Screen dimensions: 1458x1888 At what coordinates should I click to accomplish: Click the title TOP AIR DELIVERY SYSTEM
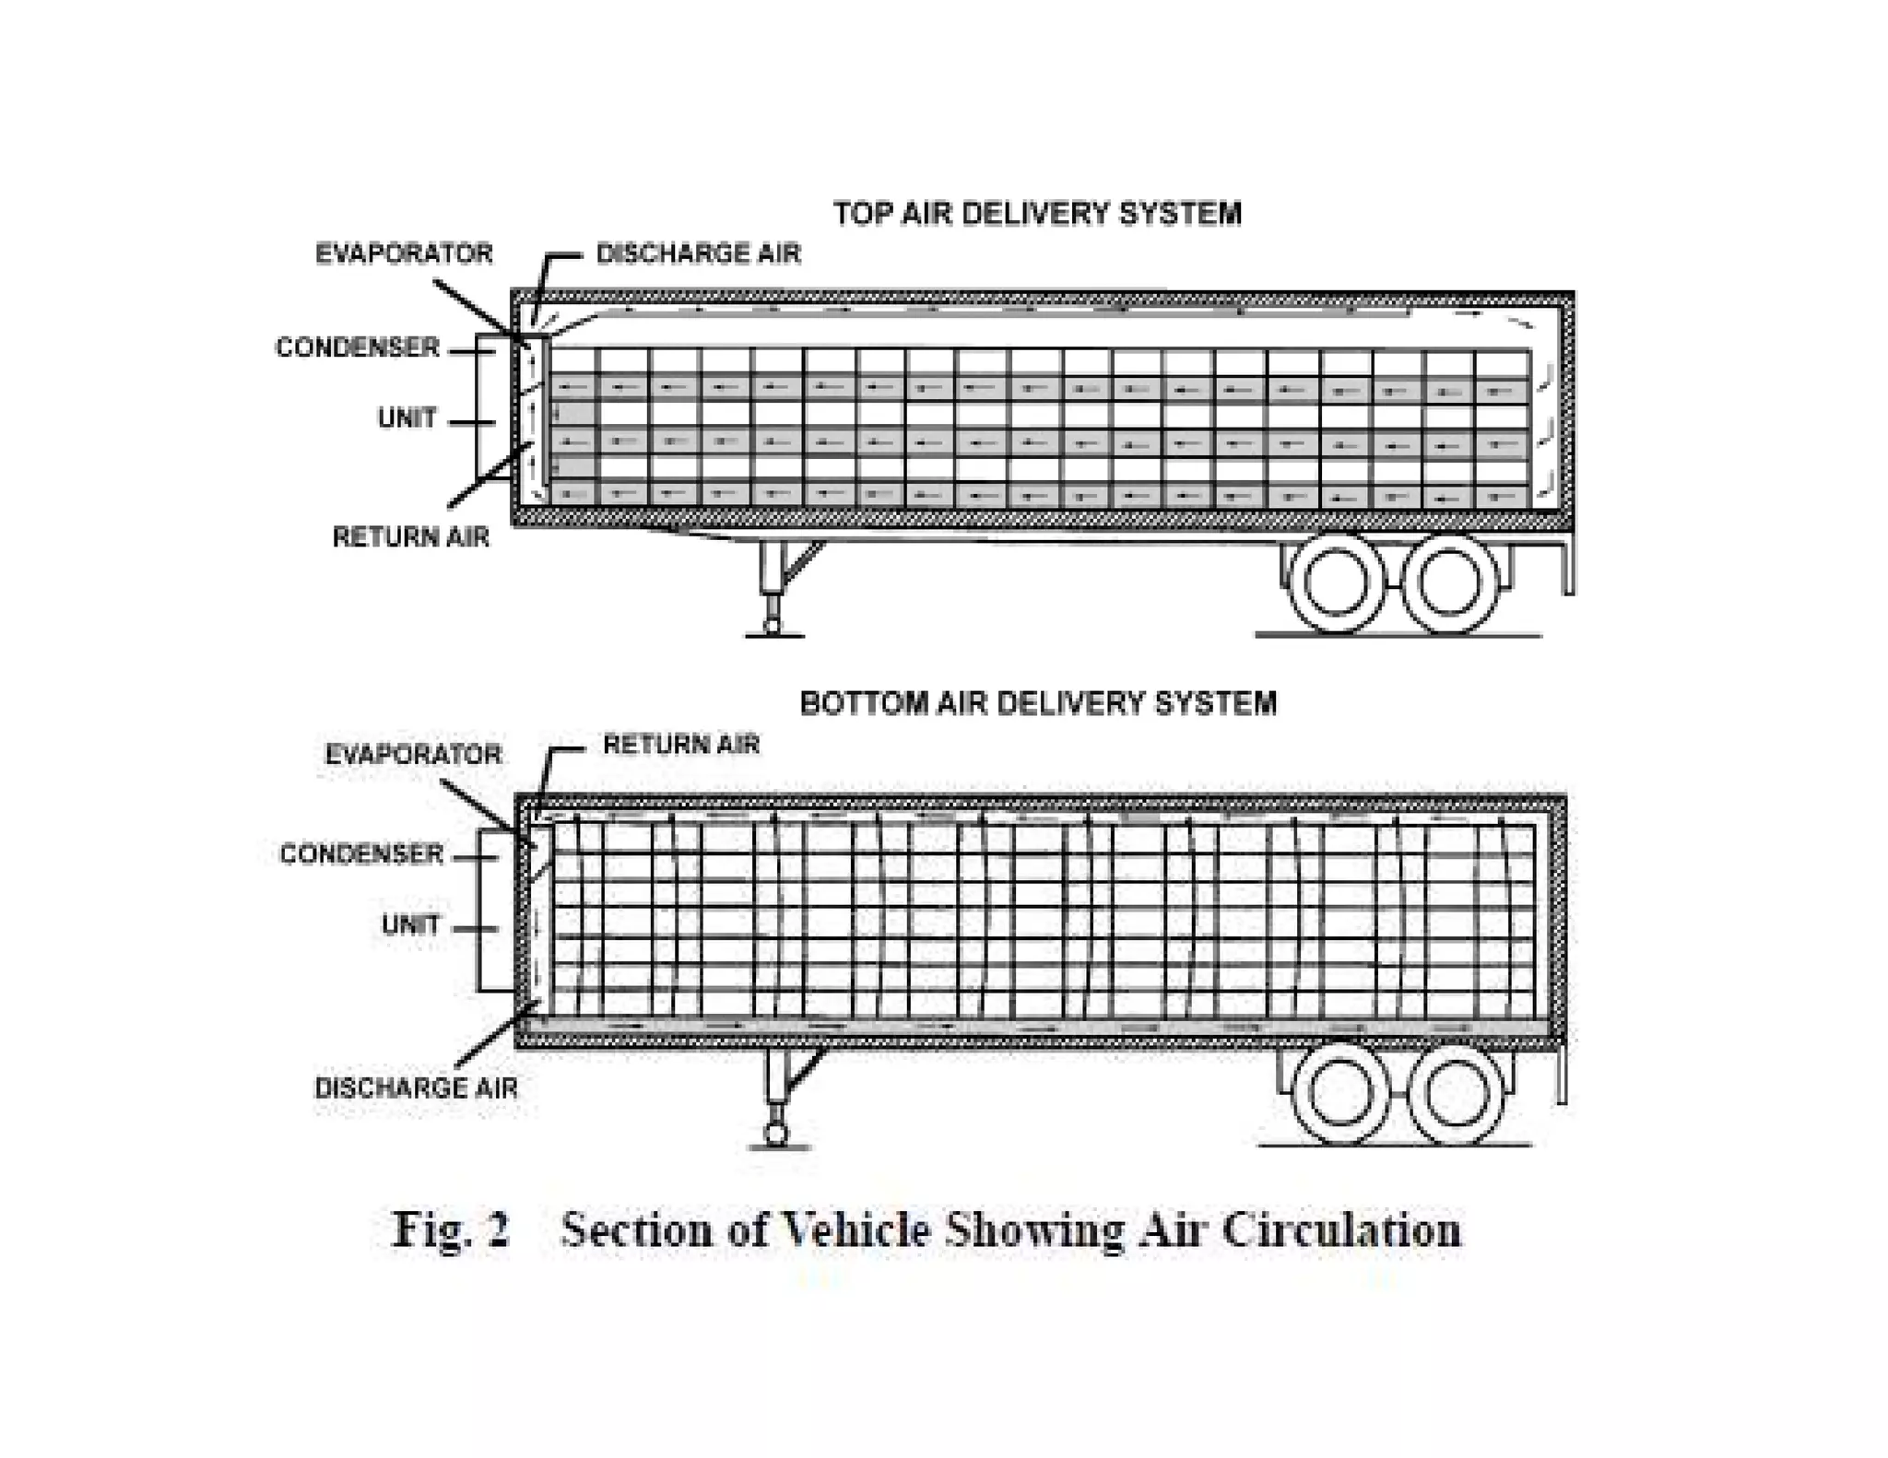1037,214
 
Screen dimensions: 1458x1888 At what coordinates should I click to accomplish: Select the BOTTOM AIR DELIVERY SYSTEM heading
1038,703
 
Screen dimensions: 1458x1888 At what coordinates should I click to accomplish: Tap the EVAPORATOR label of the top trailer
404,253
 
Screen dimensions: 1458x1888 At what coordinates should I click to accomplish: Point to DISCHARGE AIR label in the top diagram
698,253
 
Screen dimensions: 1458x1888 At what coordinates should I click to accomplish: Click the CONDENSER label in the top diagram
358,347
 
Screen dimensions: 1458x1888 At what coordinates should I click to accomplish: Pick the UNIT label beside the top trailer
407,418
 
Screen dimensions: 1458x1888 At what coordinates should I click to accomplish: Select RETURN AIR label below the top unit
410,536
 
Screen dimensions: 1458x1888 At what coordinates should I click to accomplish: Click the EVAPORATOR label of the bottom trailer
413,755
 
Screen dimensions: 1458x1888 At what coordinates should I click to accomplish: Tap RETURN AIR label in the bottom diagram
680,744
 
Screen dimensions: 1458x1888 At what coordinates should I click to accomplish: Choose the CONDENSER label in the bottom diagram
361,854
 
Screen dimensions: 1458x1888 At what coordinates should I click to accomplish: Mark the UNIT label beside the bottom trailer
410,924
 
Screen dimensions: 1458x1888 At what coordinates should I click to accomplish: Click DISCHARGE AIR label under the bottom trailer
416,1088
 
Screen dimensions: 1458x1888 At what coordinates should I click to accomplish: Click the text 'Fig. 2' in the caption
451,1229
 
